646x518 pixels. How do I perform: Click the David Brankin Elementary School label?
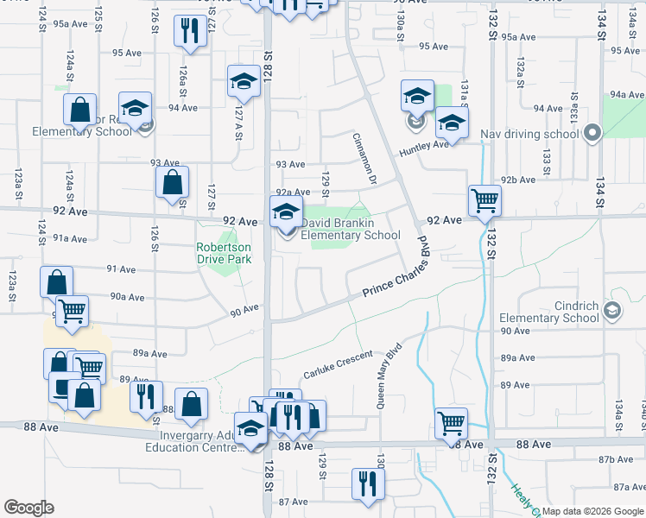350,229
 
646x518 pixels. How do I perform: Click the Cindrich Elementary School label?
548,312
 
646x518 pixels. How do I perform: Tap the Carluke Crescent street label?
338,366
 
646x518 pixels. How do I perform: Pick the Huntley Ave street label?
423,149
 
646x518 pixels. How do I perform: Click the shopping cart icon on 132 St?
484,201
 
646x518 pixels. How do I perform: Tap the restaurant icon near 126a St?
187,32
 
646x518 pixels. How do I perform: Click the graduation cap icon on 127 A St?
244,81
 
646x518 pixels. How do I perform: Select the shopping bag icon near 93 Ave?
172,182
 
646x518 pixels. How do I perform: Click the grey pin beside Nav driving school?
592,134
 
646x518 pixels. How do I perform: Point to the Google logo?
28,508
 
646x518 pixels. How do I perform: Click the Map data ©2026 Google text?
592,511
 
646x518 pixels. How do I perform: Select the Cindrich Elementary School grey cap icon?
611,310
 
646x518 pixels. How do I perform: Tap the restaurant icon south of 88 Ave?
367,483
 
